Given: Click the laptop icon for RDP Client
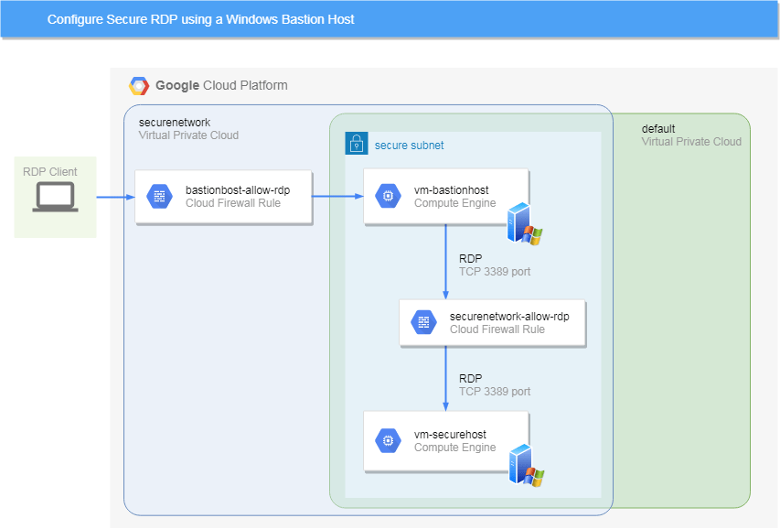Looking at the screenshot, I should point(55,198).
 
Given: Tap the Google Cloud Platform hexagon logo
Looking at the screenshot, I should point(139,86).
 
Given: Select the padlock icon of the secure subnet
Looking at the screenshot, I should point(356,144).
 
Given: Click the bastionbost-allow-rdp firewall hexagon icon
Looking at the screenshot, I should point(159,196).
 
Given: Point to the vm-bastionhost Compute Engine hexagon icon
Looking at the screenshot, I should point(388,196).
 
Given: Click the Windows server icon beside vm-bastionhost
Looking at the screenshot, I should point(525,223).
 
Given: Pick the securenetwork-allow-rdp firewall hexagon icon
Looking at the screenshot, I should point(423,322).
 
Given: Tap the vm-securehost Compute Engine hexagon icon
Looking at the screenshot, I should point(388,440).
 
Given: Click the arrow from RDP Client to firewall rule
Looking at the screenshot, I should point(116,196).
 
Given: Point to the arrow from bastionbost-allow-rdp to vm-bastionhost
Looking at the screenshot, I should point(337,196).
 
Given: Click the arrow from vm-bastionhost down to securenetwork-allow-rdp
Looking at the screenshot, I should point(445,261).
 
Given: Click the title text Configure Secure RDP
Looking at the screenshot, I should point(200,19).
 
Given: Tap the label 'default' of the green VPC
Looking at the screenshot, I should point(658,129).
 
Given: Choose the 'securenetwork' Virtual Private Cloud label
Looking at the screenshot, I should point(174,122).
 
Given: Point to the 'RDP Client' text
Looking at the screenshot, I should point(50,172).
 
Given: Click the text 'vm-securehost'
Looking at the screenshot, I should point(450,434).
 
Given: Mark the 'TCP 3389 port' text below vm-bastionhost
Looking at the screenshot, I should point(494,272).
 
